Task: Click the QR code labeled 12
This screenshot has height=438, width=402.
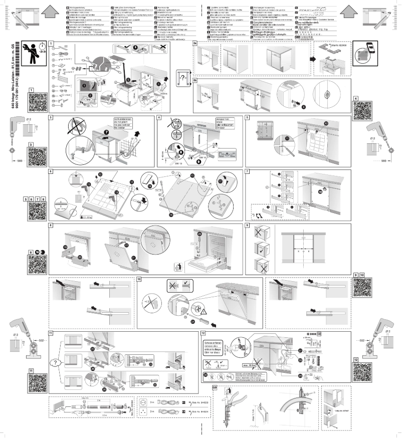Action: (x=364, y=370)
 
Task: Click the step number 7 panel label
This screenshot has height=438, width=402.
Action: (x=248, y=171)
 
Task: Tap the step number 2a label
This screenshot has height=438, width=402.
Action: (x=196, y=44)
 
